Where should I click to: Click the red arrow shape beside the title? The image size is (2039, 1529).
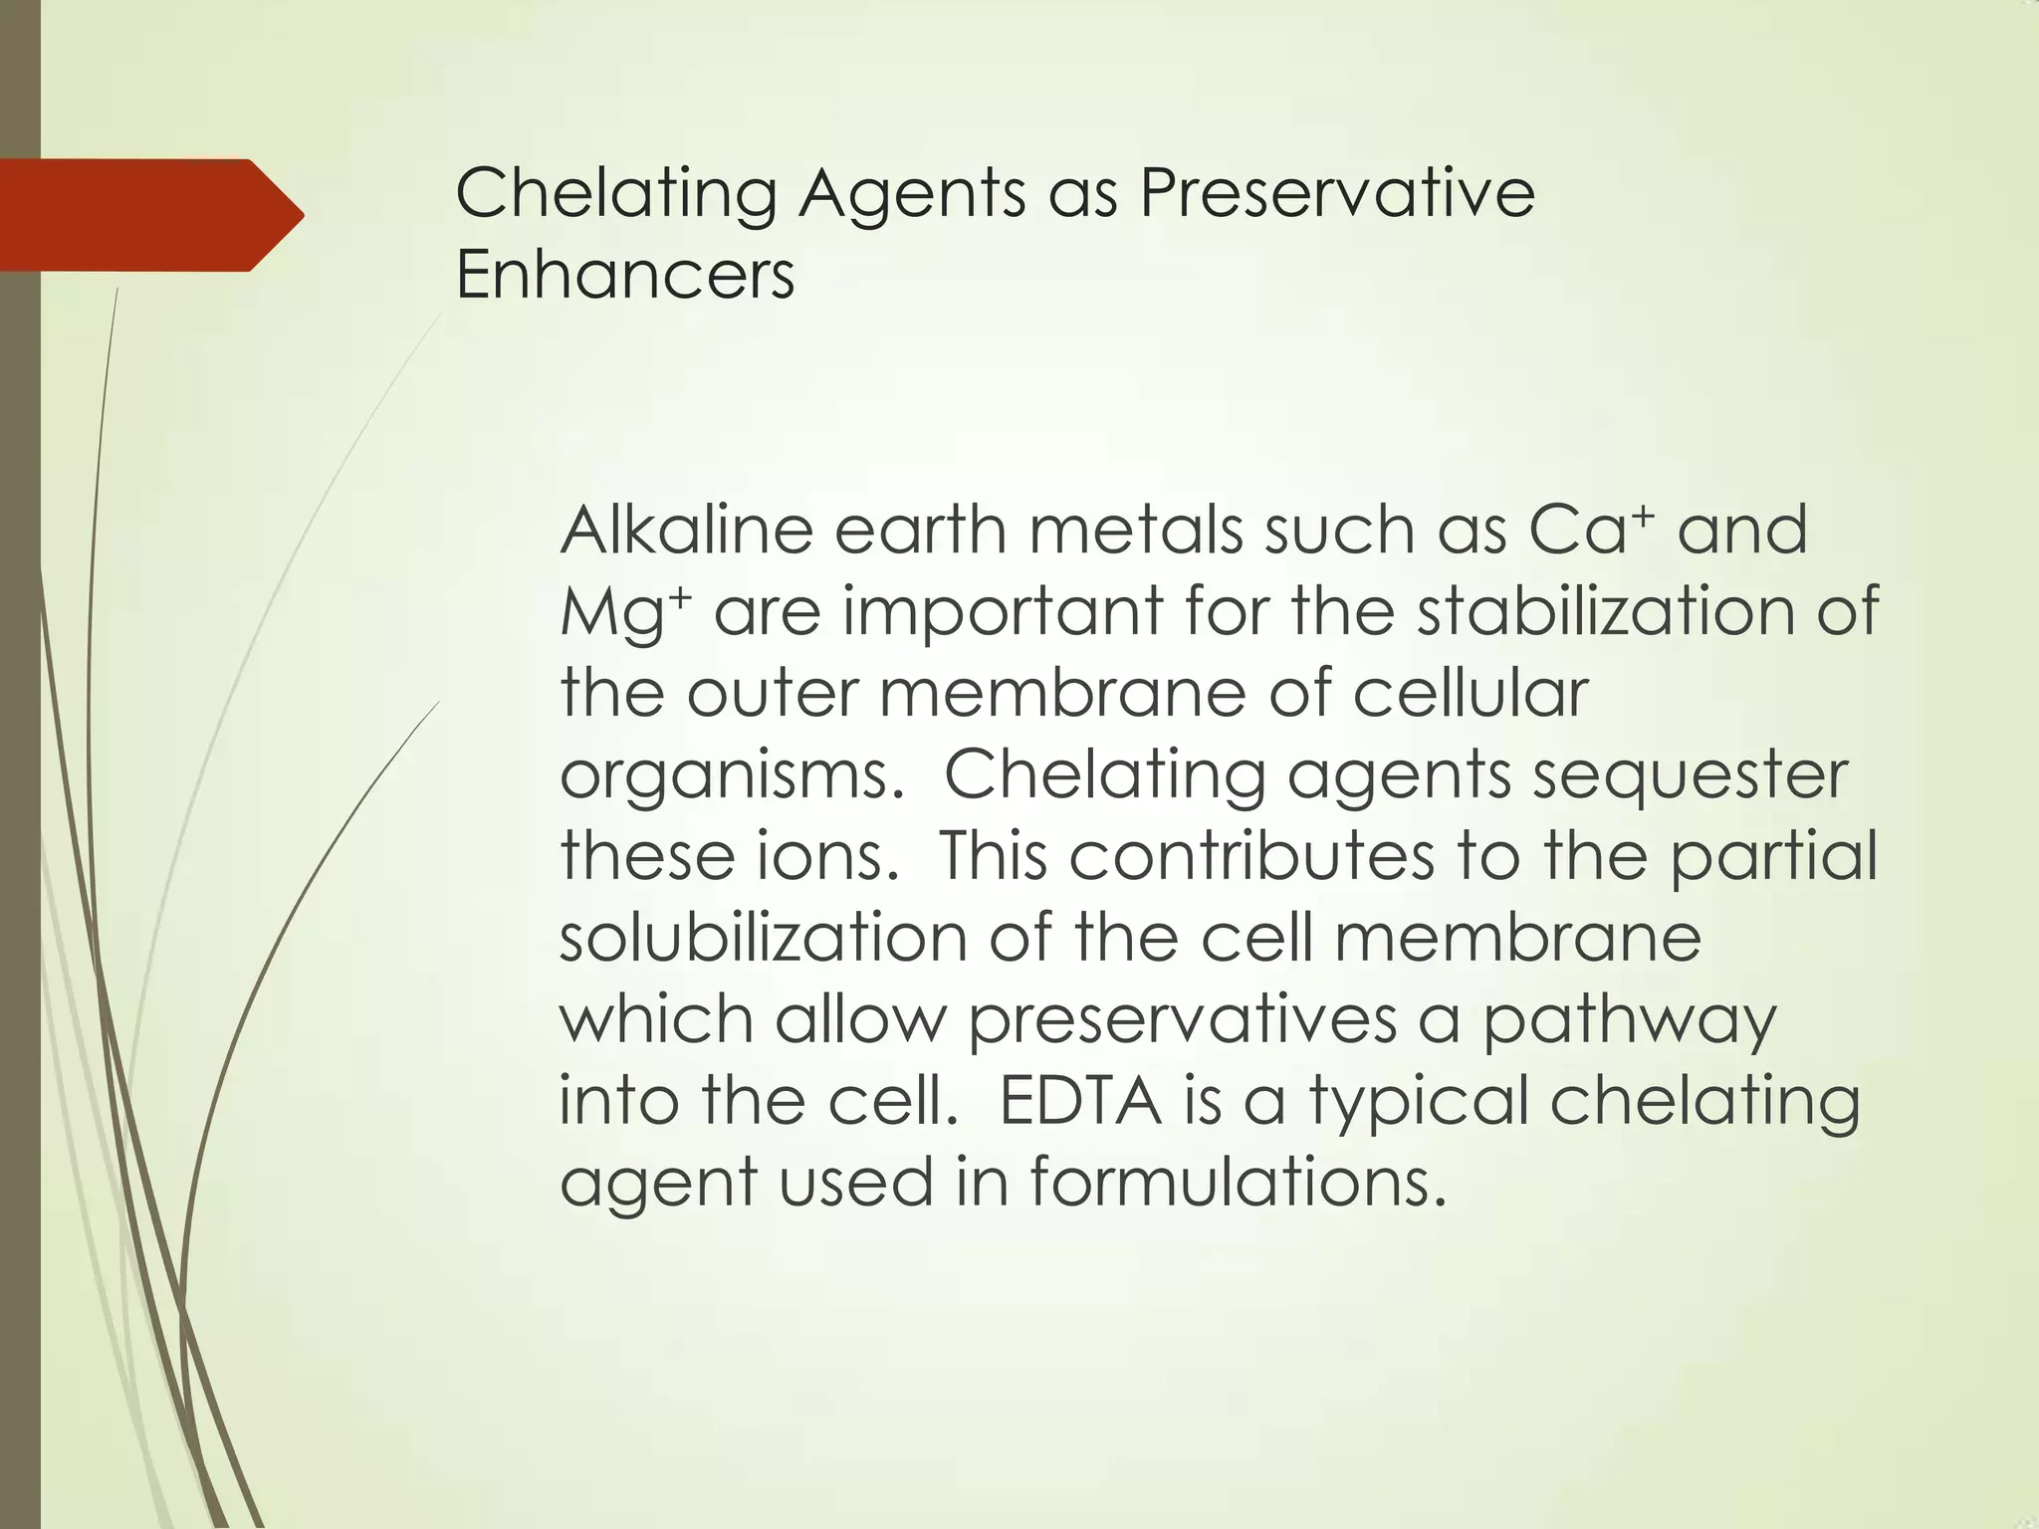click(x=149, y=215)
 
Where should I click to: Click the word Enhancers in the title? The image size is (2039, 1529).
click(x=624, y=275)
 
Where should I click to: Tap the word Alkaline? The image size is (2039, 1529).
click(x=686, y=530)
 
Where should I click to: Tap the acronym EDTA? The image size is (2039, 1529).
click(x=1080, y=1101)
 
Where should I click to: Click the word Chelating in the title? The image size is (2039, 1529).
click(x=615, y=194)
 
